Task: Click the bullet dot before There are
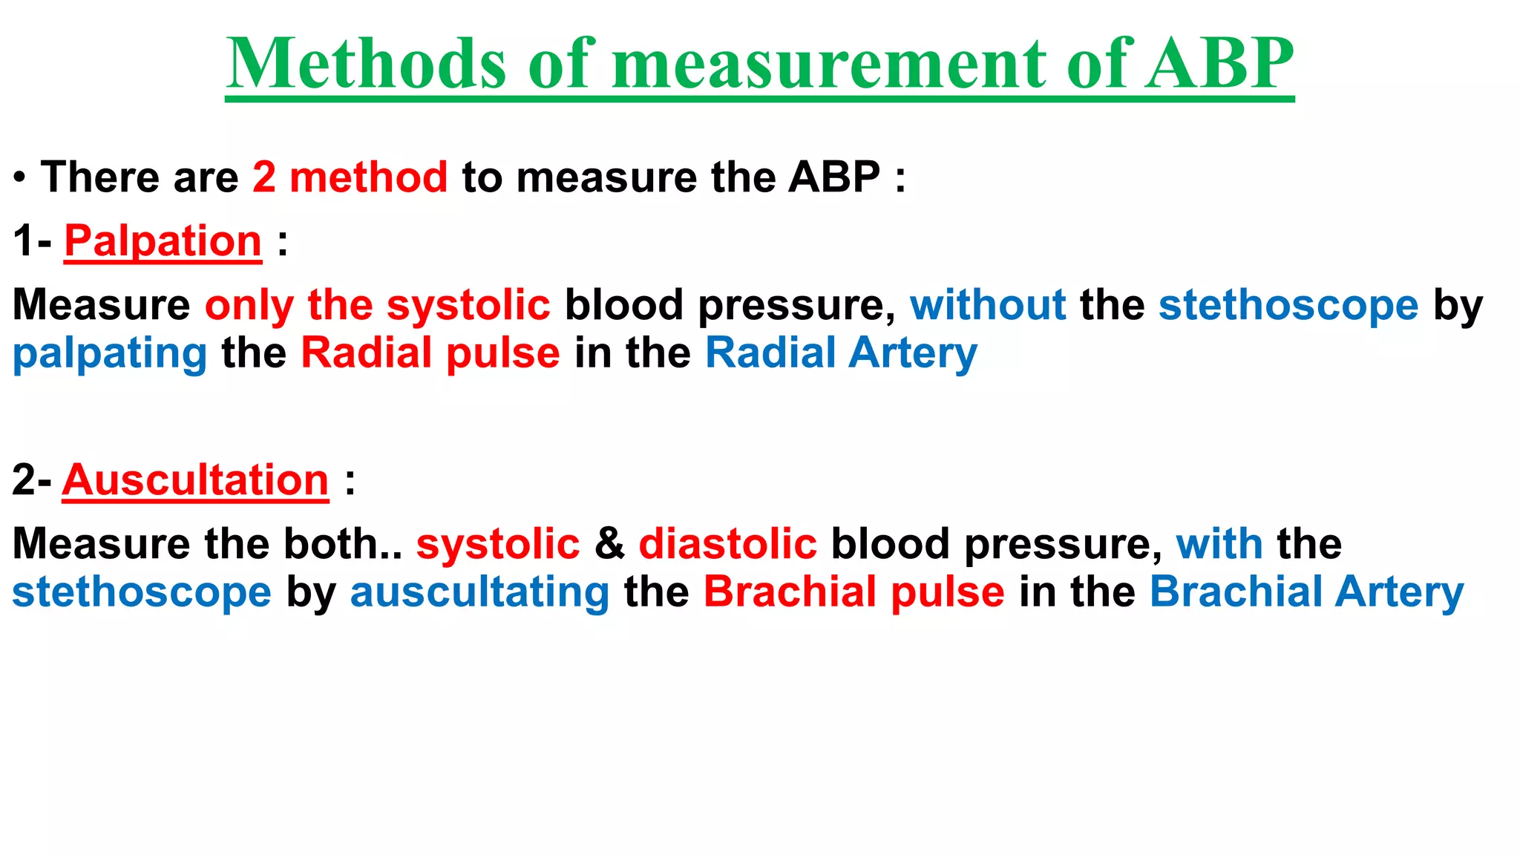pyautogui.click(x=20, y=178)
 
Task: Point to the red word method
pyautogui.click(x=368, y=177)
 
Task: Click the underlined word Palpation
pyautogui.click(x=163, y=241)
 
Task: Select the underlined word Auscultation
pyautogui.click(x=195, y=480)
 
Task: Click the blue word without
pyautogui.click(x=988, y=305)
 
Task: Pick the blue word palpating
pyautogui.click(x=110, y=353)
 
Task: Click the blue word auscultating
pyautogui.click(x=479, y=592)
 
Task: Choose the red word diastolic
pyautogui.click(x=727, y=544)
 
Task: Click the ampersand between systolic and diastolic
pyautogui.click(x=609, y=544)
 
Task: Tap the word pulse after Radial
pyautogui.click(x=503, y=353)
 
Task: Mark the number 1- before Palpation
pyautogui.click(x=32, y=241)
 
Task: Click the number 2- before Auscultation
pyautogui.click(x=31, y=480)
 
